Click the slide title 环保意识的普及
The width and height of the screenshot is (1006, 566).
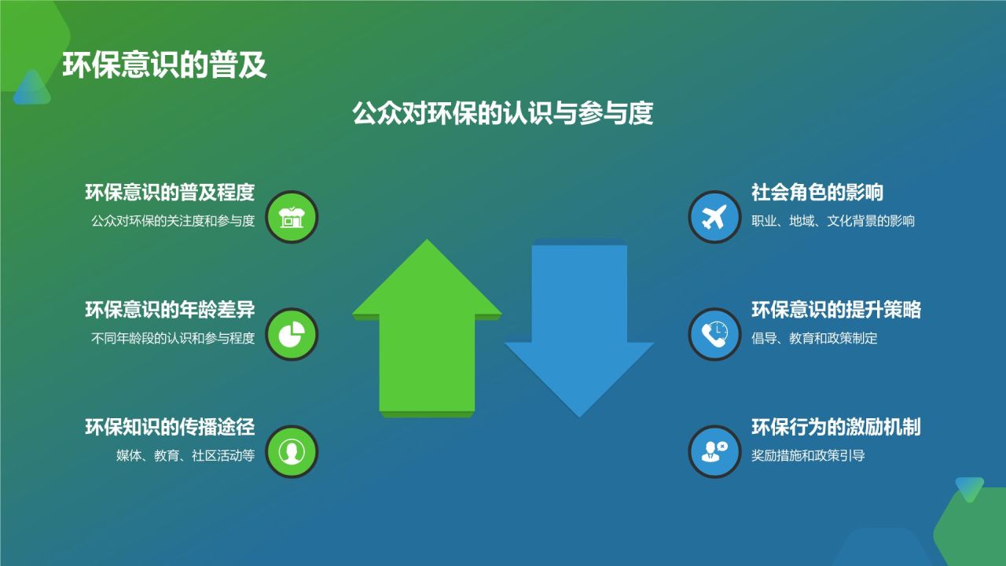click(x=165, y=66)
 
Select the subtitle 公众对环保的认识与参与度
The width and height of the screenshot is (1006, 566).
click(x=503, y=114)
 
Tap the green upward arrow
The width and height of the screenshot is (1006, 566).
click(x=427, y=330)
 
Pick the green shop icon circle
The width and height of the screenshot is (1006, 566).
click(x=292, y=217)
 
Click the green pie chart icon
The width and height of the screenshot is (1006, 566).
click(x=292, y=334)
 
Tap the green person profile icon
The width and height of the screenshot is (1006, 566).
click(x=292, y=452)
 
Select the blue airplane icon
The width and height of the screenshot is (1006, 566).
click(x=714, y=217)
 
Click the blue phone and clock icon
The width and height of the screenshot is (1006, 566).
click(x=714, y=334)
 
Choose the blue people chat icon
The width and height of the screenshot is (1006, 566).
click(x=714, y=452)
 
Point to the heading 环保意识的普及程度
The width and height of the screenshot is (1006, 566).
click(x=170, y=193)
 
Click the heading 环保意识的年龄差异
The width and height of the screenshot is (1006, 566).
click(x=170, y=311)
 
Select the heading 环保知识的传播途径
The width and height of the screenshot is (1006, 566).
click(x=170, y=428)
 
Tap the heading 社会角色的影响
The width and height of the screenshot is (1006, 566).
click(x=817, y=193)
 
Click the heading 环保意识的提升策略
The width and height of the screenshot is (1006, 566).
click(x=836, y=311)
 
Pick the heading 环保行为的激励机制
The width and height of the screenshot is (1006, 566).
click(x=836, y=428)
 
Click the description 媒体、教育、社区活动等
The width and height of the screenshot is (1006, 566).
click(x=185, y=456)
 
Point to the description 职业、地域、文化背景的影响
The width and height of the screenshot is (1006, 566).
click(x=833, y=222)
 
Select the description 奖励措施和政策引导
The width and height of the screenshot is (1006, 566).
click(x=808, y=456)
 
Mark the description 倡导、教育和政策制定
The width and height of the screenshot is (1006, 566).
click(x=814, y=339)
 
